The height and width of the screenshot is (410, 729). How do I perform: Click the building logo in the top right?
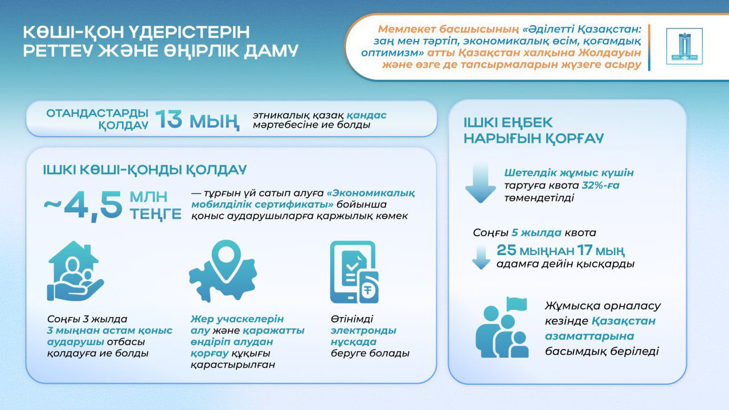685,46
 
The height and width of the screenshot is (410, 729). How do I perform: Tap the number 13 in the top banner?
169,119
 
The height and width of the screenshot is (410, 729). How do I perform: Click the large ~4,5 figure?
83,206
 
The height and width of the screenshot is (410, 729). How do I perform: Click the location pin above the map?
226,261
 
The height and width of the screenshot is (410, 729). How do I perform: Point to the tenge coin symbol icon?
368,290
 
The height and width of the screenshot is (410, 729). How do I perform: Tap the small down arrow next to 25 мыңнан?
481,257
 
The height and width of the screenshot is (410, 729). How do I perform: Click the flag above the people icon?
517,304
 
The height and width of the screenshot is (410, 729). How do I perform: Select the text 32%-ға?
600,185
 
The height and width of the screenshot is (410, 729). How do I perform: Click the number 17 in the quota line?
585,250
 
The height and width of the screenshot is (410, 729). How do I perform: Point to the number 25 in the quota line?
506,250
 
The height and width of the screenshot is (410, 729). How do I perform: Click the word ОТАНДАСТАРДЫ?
97,113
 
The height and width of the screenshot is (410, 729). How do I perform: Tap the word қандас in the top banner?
366,115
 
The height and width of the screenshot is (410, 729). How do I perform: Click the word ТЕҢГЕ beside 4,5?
155,215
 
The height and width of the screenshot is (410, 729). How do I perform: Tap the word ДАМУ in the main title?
271,51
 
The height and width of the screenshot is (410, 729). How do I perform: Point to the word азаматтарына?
589,336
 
